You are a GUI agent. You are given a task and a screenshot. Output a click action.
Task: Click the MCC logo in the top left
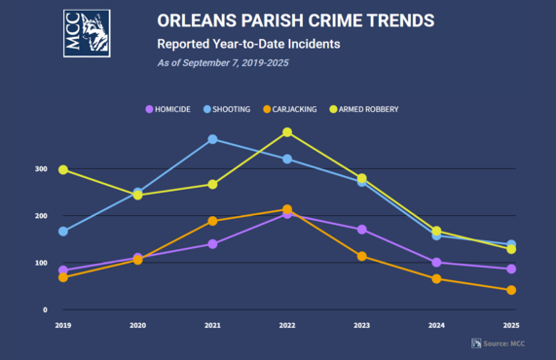point(87,33)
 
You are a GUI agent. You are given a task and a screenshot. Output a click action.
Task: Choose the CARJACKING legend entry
point(296,109)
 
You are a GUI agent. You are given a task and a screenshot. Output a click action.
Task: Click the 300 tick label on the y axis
point(41,169)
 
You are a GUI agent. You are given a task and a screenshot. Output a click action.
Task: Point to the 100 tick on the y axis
point(41,263)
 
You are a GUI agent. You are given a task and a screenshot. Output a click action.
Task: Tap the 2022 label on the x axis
point(287,324)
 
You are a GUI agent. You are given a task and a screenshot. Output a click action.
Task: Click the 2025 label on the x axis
point(511,324)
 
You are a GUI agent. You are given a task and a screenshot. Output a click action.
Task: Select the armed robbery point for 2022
point(287,132)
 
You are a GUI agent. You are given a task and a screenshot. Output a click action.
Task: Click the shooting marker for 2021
point(212,139)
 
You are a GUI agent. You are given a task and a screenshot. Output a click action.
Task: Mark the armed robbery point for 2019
point(63,169)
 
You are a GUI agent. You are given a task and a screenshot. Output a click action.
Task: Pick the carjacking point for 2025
point(511,290)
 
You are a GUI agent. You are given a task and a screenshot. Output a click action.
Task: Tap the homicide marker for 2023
point(362,230)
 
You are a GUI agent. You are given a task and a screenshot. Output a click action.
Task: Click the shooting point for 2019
point(63,232)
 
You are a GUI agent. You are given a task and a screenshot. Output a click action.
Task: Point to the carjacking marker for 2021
point(212,221)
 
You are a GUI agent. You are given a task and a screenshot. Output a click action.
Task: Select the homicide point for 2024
point(436,263)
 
